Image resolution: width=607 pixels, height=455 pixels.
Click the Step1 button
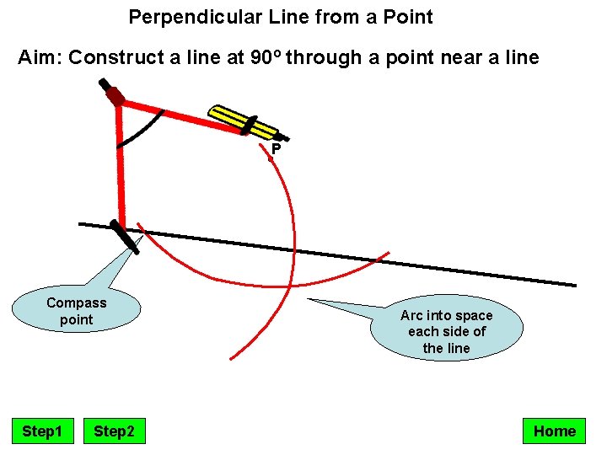pyautogui.click(x=42, y=431)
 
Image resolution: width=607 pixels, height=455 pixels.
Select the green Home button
pyautogui.click(x=554, y=431)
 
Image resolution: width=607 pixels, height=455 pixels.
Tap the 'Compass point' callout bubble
pyautogui.click(x=77, y=311)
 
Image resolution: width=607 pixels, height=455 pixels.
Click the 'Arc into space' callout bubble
pyautogui.click(x=446, y=331)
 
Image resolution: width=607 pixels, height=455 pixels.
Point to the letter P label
pyautogui.click(x=276, y=150)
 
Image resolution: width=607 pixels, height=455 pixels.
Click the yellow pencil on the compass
pyautogui.click(x=244, y=121)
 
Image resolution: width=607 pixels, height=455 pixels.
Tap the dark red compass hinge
pyautogui.click(x=116, y=97)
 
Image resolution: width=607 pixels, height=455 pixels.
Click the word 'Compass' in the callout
pyautogui.click(x=77, y=302)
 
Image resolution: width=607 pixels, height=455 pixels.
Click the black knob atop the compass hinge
pyautogui.click(x=105, y=85)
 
